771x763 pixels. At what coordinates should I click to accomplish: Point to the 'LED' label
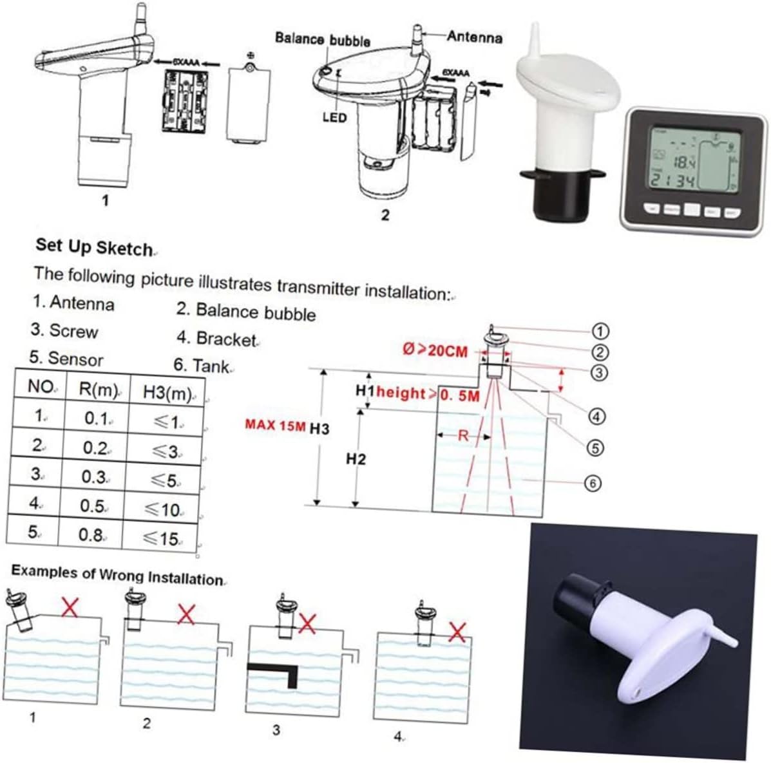(x=334, y=118)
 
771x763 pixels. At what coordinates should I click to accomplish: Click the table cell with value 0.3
(x=94, y=476)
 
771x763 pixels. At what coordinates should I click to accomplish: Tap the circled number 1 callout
(x=600, y=331)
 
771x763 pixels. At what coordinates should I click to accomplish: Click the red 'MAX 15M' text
(x=275, y=426)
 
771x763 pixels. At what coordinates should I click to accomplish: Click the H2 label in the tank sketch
(x=356, y=459)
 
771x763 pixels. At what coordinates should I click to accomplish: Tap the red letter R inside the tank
(x=462, y=436)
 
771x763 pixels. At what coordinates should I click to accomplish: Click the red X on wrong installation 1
(x=70, y=606)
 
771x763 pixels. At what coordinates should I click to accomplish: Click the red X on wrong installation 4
(x=457, y=632)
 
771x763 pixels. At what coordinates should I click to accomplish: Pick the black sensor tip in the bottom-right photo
(x=573, y=593)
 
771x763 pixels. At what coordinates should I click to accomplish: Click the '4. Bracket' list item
(x=216, y=339)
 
